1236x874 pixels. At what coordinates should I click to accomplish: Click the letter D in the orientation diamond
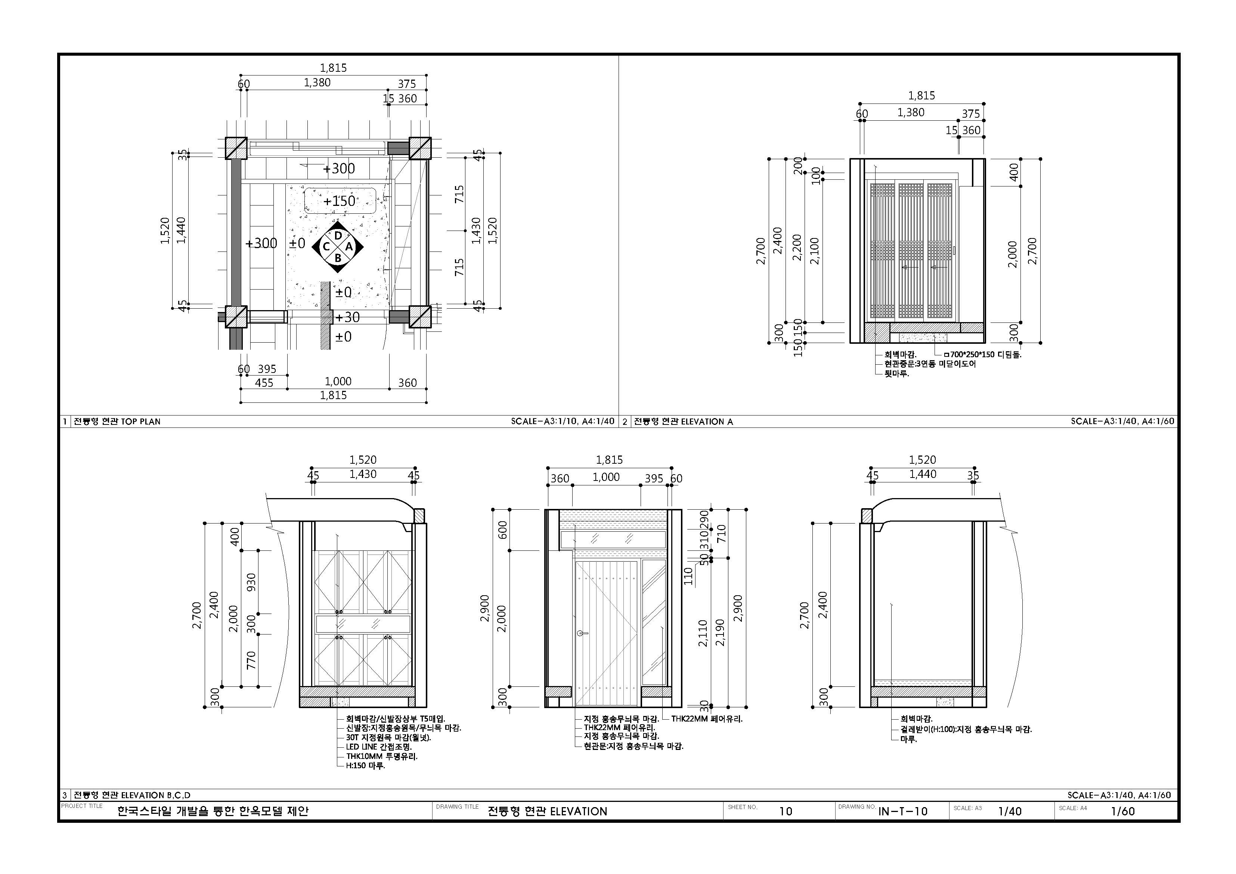point(338,236)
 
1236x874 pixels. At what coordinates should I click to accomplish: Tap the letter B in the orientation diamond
point(338,258)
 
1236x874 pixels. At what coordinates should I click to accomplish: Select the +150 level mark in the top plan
point(339,201)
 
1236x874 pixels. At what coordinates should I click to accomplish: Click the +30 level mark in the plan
point(347,317)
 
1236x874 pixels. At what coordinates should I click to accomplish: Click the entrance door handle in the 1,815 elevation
point(582,633)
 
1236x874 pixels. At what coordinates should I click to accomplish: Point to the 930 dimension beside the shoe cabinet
point(251,581)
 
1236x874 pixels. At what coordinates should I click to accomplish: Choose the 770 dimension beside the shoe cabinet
point(251,660)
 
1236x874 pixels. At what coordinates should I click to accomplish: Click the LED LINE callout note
point(378,747)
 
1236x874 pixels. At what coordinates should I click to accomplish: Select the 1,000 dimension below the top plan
point(338,381)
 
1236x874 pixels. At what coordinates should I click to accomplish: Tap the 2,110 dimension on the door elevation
point(703,633)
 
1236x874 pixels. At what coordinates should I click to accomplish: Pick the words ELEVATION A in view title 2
point(707,421)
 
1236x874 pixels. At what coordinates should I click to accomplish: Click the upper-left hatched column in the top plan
point(236,148)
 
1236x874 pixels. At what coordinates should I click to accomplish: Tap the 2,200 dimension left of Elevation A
point(797,248)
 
